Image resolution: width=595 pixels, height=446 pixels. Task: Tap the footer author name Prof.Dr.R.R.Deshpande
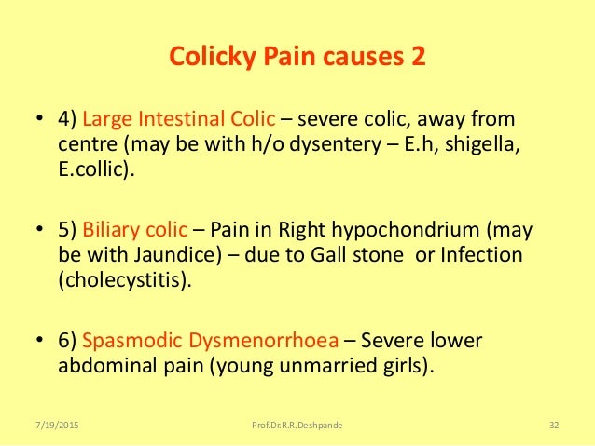(296, 426)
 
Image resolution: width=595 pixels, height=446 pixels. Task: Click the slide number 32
(554, 426)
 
